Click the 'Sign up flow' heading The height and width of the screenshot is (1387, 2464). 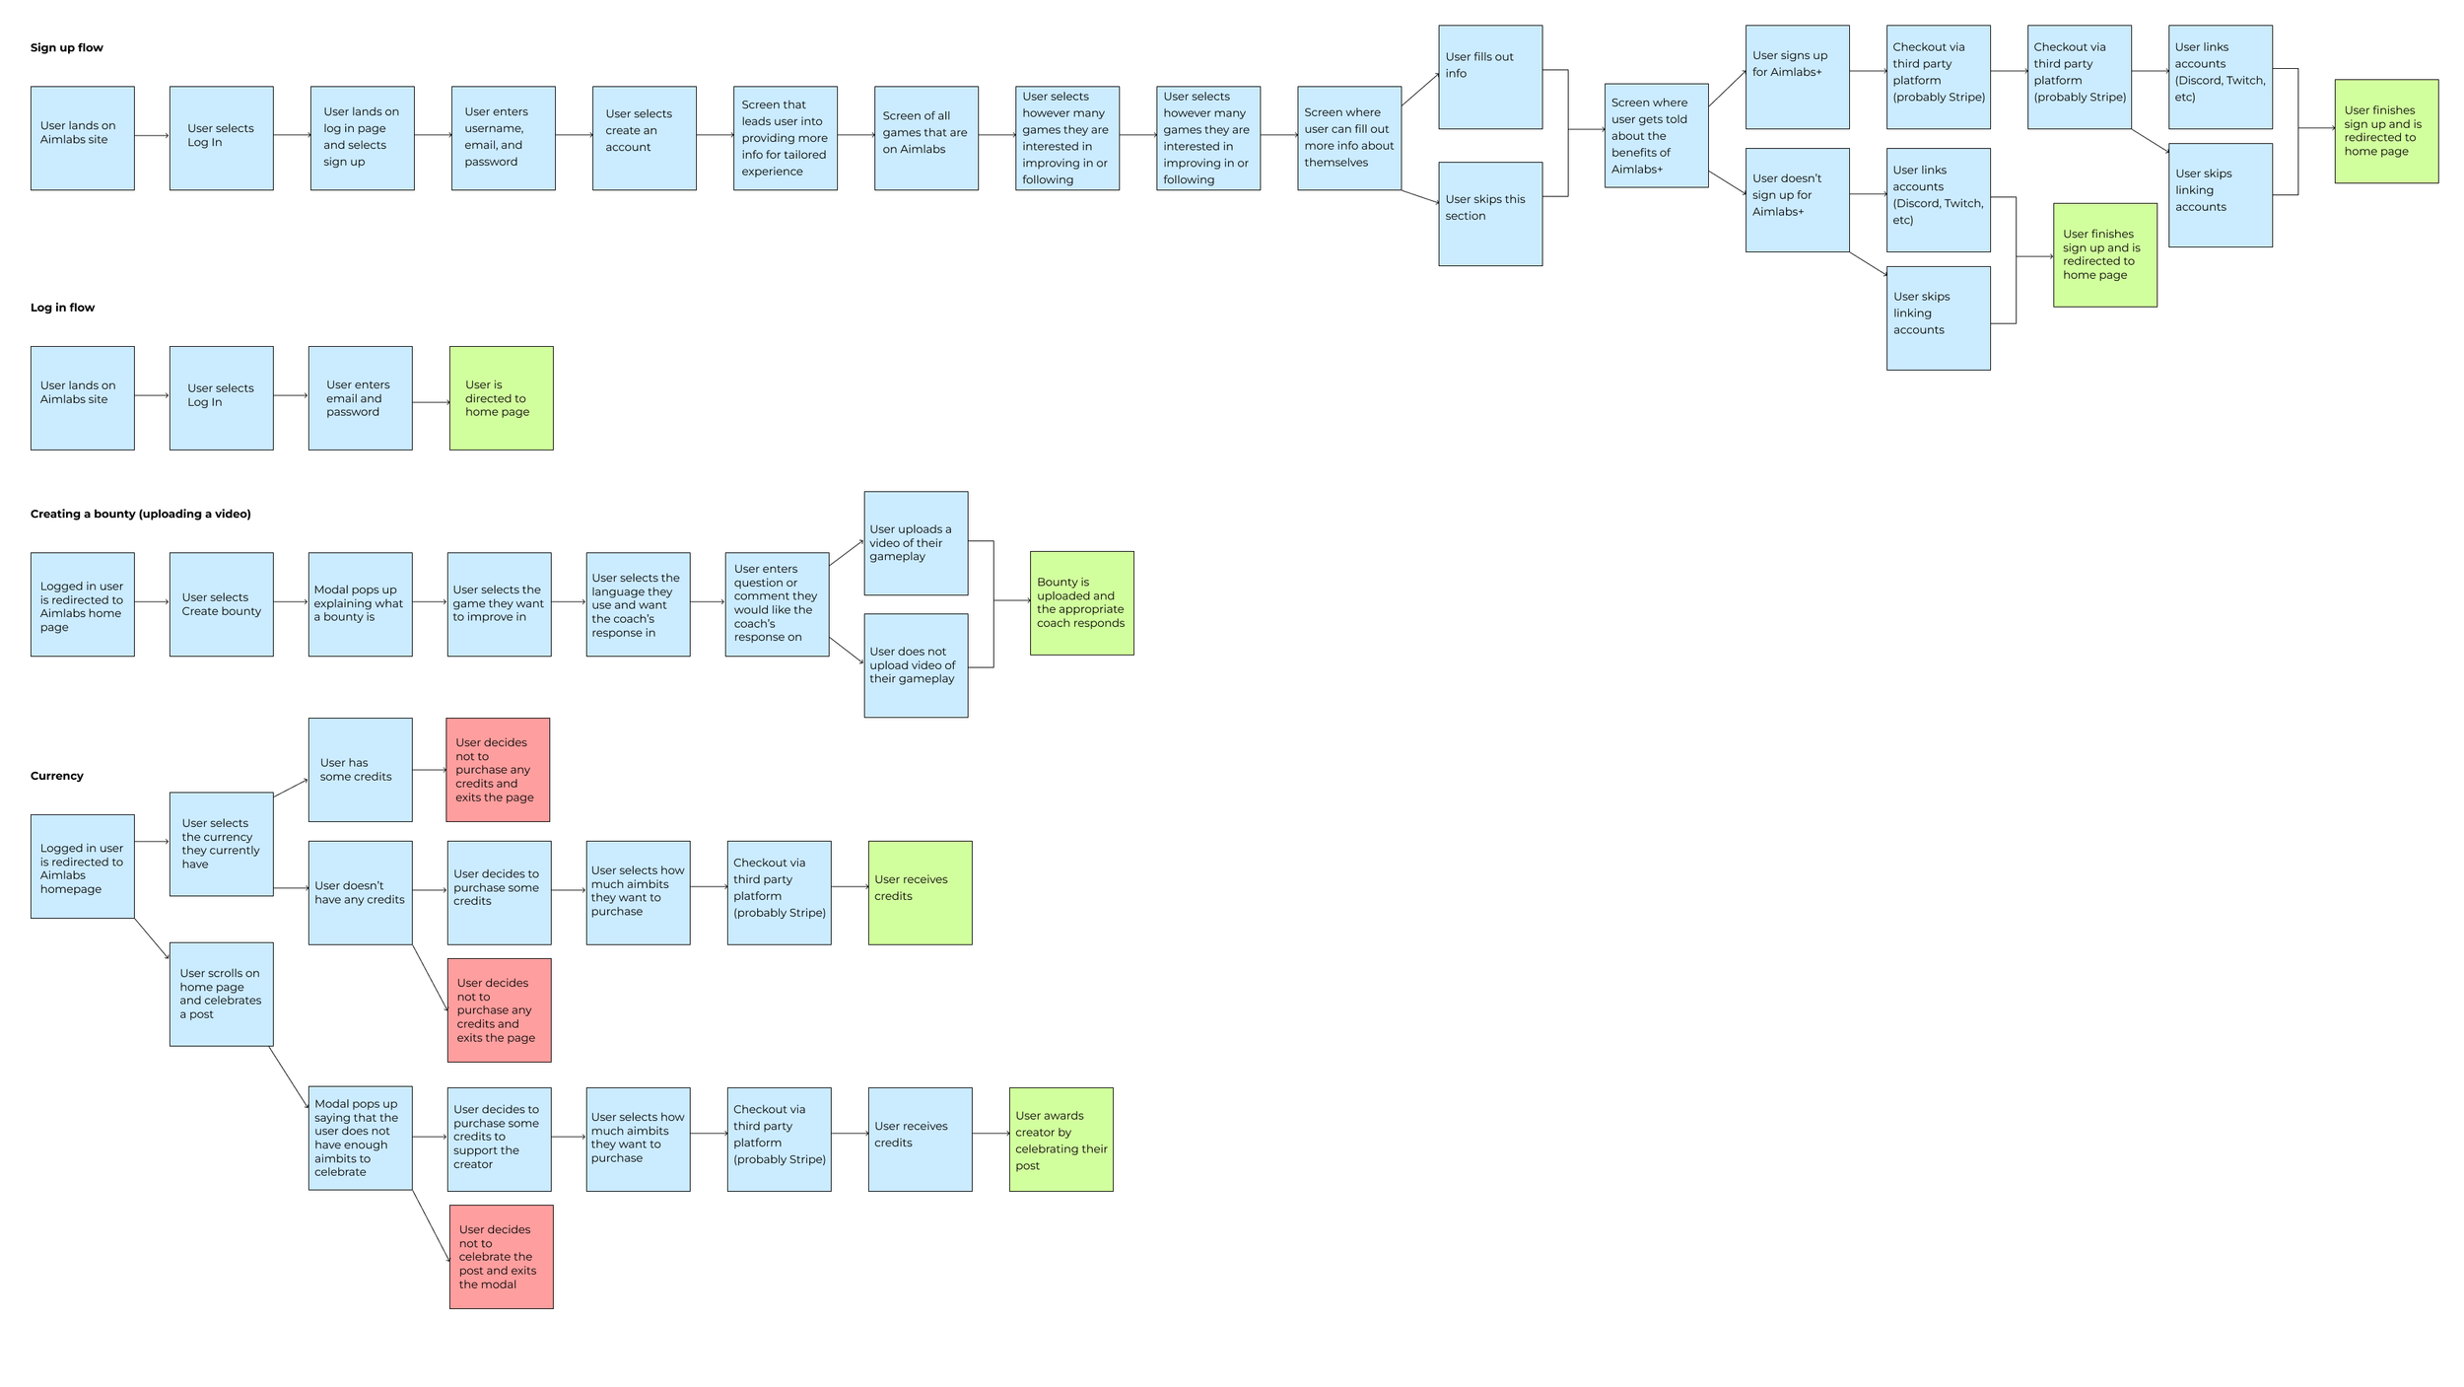coord(66,47)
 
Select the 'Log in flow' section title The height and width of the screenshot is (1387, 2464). coord(62,308)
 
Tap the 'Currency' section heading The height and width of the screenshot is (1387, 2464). coord(56,776)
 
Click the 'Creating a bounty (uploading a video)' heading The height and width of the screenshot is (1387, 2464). coord(140,514)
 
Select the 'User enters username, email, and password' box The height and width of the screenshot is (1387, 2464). coord(503,138)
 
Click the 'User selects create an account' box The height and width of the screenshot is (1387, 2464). coord(644,138)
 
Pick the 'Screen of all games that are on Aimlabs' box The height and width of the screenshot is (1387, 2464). coord(925,138)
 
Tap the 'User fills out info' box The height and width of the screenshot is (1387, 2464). coord(1489,77)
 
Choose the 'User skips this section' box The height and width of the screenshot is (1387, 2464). coord(1489,214)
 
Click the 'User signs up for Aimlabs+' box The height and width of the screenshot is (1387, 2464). coord(1797,77)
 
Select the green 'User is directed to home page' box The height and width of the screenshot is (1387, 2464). coord(501,398)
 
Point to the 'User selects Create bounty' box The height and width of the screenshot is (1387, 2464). coord(221,604)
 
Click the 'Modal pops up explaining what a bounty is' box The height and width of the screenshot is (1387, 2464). coord(360,604)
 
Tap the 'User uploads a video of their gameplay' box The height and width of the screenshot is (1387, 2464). coord(916,543)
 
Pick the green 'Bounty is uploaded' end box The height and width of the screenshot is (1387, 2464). coord(1081,603)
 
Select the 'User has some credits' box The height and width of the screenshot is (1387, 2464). coord(360,770)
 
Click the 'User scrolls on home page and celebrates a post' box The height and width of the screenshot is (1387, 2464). coord(221,994)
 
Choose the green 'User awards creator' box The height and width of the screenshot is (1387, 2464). coord(1061,1140)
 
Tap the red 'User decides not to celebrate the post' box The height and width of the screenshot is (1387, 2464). coord(501,1257)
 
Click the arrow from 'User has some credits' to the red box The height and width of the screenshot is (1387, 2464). coord(429,770)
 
